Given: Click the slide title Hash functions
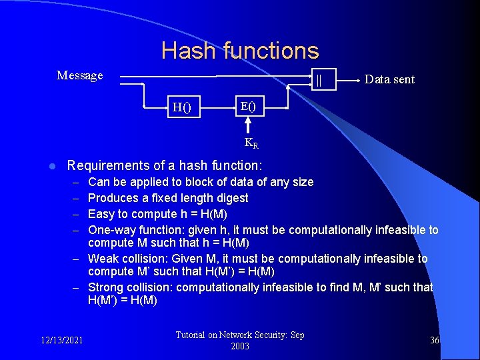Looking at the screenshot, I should pyautogui.click(x=240, y=51).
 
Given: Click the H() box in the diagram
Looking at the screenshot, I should pyautogui.click(x=181, y=107).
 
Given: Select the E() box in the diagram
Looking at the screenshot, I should pyautogui.click(x=247, y=106).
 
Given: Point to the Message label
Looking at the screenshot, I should pyautogui.click(x=80, y=75).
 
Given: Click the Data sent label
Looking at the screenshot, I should pyautogui.click(x=389, y=79).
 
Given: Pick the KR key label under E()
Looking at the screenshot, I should pyautogui.click(x=251, y=142).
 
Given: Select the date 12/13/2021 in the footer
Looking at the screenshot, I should pyautogui.click(x=61, y=340).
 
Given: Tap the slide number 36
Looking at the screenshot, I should pyautogui.click(x=435, y=340).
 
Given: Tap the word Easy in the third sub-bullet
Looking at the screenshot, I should pyautogui.click(x=100, y=214).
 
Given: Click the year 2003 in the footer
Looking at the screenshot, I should pyautogui.click(x=240, y=347).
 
